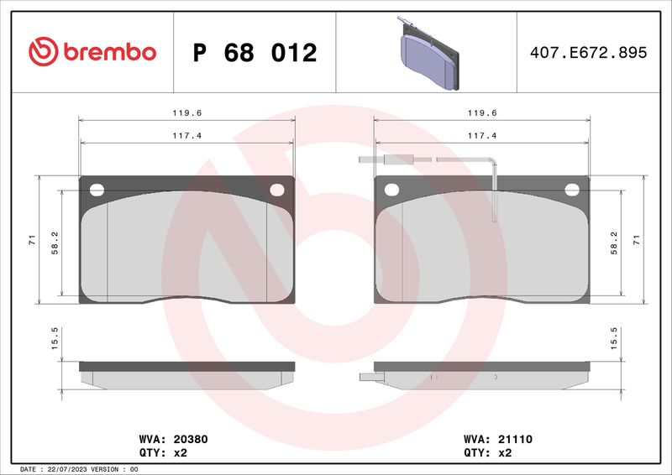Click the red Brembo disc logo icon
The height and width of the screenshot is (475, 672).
(44, 51)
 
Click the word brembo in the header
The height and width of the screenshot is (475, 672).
(110, 52)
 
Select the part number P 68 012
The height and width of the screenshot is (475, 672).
(255, 53)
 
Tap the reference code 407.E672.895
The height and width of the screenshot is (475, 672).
(589, 52)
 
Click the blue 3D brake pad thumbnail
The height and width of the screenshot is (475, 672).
(428, 55)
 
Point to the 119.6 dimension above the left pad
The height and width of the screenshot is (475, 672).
(186, 113)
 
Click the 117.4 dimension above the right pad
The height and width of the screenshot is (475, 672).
(482, 136)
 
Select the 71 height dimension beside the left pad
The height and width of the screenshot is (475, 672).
(33, 240)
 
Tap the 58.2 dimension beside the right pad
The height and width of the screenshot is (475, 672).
(614, 243)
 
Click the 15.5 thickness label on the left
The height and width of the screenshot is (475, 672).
(55, 338)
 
